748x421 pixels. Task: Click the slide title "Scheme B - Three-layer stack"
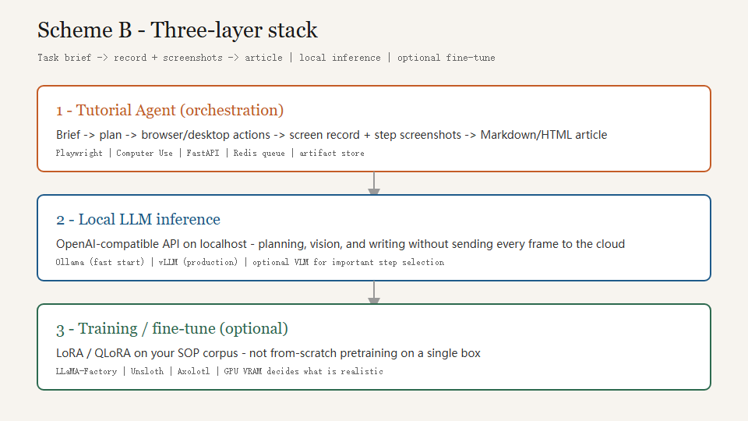(178, 30)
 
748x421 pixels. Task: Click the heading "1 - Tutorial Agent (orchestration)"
(170, 110)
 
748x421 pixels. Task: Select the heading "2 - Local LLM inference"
(138, 220)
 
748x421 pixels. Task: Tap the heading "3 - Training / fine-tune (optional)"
(171, 329)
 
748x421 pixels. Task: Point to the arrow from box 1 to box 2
(374, 183)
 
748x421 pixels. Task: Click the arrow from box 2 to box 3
(374, 292)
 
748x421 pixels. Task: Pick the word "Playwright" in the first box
(79, 154)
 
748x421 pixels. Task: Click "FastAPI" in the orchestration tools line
(203, 154)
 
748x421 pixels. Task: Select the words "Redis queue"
(259, 154)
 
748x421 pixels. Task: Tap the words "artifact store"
(332, 154)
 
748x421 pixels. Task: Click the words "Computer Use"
(145, 154)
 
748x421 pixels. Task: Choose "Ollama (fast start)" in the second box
(100, 262)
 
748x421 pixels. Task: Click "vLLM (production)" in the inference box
(198, 262)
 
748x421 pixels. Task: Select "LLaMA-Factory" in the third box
(86, 371)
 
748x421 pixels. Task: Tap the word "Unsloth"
(147, 371)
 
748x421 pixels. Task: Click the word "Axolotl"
(193, 371)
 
